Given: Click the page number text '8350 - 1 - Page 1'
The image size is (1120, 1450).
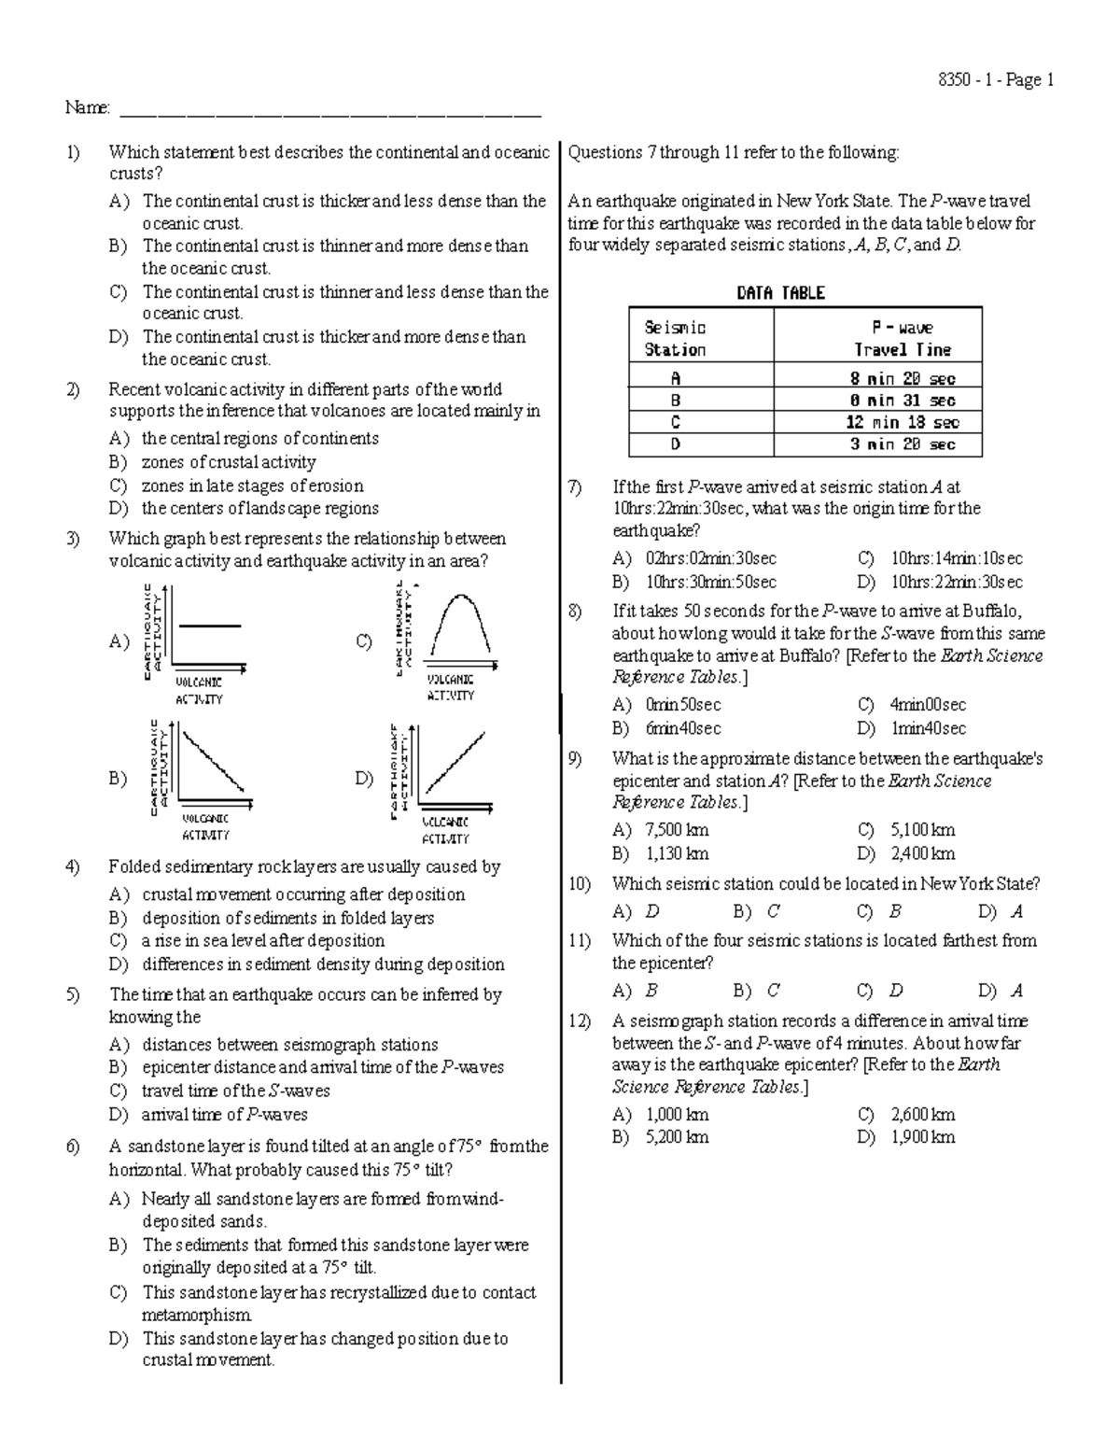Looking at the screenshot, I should coord(995,80).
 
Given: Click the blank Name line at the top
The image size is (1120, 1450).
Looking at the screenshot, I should coord(330,112).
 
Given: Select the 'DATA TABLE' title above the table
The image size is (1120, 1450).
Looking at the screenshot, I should coord(780,293).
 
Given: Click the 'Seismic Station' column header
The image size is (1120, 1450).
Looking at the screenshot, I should coord(676,339).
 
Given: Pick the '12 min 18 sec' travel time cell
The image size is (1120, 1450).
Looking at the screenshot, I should coord(902,422).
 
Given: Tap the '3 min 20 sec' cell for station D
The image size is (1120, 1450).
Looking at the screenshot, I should coord(902,444).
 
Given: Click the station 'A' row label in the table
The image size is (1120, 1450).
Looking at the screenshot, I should coord(676,378).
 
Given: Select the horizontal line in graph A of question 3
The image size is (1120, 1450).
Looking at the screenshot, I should coord(209,626).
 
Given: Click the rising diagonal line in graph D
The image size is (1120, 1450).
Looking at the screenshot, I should coord(455,761).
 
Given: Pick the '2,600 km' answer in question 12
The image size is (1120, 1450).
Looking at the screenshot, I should coord(922,1114).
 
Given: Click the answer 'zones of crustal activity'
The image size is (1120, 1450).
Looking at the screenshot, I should coord(229,462).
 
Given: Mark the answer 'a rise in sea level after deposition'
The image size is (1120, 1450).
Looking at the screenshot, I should coord(263,941).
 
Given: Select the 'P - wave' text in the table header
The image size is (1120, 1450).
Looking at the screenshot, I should coord(902,328).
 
